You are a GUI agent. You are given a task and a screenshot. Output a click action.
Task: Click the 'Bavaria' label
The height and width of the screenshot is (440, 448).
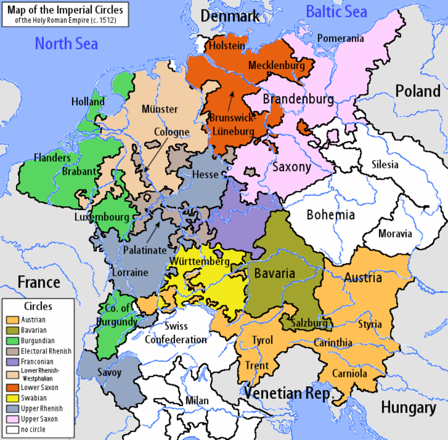274,273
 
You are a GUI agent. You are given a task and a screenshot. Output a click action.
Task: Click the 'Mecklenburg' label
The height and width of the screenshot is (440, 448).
276,65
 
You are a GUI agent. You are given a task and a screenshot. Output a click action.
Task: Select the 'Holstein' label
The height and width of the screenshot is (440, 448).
225,46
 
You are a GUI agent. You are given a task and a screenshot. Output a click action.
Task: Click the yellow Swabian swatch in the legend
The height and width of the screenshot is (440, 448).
10,397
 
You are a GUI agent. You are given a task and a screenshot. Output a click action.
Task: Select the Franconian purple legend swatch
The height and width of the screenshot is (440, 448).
10,362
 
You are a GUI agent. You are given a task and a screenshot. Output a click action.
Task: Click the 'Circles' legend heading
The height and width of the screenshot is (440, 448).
38,306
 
